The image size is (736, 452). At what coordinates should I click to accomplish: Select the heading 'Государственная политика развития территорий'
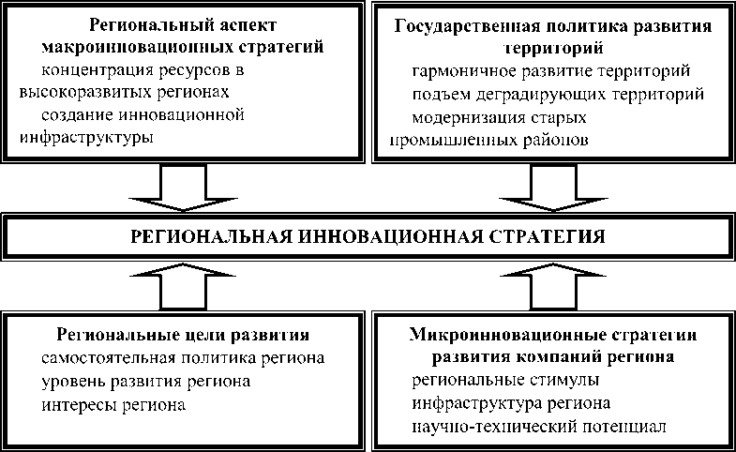click(552, 36)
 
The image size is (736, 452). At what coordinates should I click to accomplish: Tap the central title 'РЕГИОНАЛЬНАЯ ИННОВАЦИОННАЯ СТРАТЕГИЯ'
click(368, 235)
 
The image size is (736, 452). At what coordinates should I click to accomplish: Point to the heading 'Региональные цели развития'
click(183, 335)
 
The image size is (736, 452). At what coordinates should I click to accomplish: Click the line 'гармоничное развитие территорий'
click(551, 71)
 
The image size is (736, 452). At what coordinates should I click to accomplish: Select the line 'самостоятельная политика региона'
click(183, 358)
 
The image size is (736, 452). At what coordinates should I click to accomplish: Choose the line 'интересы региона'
click(113, 405)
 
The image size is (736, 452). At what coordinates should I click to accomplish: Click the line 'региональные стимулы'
click(505, 381)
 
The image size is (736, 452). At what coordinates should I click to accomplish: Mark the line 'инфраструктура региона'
click(511, 404)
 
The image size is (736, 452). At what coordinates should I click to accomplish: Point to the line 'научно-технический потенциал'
click(538, 428)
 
